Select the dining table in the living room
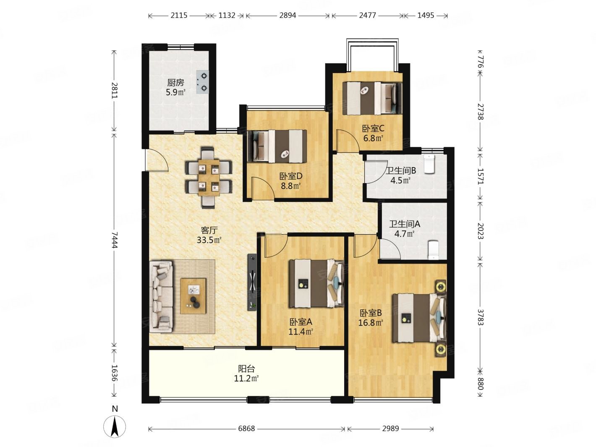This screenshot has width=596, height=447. pos(209,177)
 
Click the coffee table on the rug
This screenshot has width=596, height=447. pos(193,296)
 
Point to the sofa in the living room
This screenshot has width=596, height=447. pos(161,296)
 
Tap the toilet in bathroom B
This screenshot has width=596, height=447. pos(429,164)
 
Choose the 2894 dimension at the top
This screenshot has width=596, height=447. pos(288,16)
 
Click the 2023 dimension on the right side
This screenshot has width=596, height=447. pos(480,231)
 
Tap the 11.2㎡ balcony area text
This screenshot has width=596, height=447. pos(246,379)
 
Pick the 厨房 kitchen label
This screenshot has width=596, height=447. pos(175,82)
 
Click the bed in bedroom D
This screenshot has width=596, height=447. pos(277,146)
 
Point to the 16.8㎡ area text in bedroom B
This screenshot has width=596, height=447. pos(371,323)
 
